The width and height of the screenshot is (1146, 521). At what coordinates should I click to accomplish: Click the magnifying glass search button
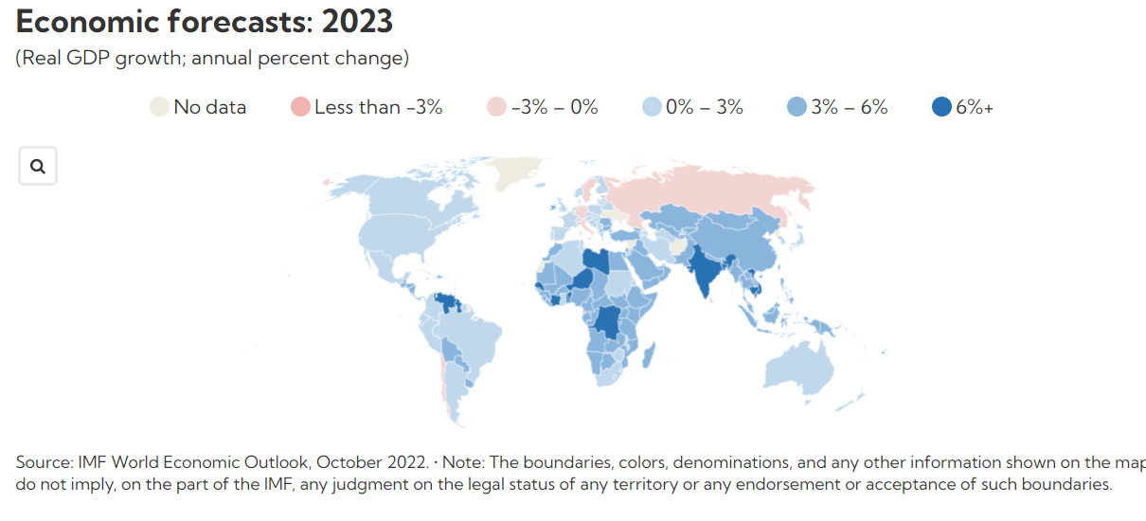pos(38,167)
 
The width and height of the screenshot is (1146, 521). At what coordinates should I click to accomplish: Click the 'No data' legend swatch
pos(160,107)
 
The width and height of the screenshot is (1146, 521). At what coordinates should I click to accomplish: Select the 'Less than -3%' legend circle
pos(301,107)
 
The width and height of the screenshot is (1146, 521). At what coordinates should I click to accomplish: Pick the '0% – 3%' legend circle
pos(653,107)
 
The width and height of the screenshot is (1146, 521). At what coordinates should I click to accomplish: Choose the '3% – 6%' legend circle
pos(797,107)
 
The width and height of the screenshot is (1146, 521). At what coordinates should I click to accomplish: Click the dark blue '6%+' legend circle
pos(941,107)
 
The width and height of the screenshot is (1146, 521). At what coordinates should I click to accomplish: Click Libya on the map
pos(595,259)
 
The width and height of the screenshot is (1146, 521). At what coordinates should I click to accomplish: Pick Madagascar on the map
pos(650,357)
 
